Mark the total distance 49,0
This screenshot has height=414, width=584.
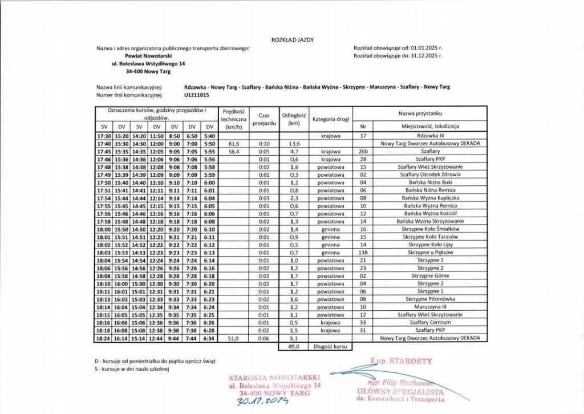click(294, 346)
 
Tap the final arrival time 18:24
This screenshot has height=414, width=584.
click(104, 338)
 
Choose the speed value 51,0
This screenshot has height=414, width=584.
click(233, 338)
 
